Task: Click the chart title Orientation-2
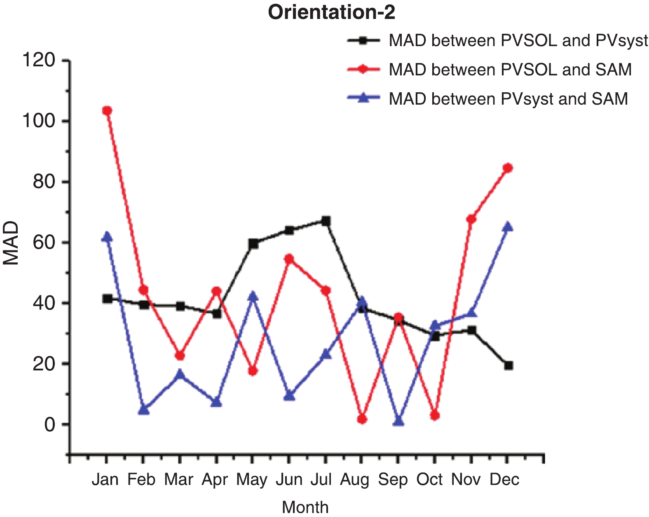pyautogui.click(x=332, y=12)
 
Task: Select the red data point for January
pyautogui.click(x=107, y=110)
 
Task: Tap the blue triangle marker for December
pyautogui.click(x=508, y=227)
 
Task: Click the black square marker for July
pyautogui.click(x=326, y=221)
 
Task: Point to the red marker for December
pyautogui.click(x=508, y=168)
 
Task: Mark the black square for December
pyautogui.click(x=508, y=365)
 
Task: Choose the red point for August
pyautogui.click(x=362, y=419)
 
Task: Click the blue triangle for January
pyautogui.click(x=107, y=237)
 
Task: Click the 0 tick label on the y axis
pyautogui.click(x=49, y=424)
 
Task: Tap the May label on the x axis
pyautogui.click(x=252, y=480)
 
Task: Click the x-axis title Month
pyautogui.click(x=305, y=507)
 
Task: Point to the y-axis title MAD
pyautogui.click(x=11, y=243)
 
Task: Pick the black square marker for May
pyautogui.click(x=253, y=244)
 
